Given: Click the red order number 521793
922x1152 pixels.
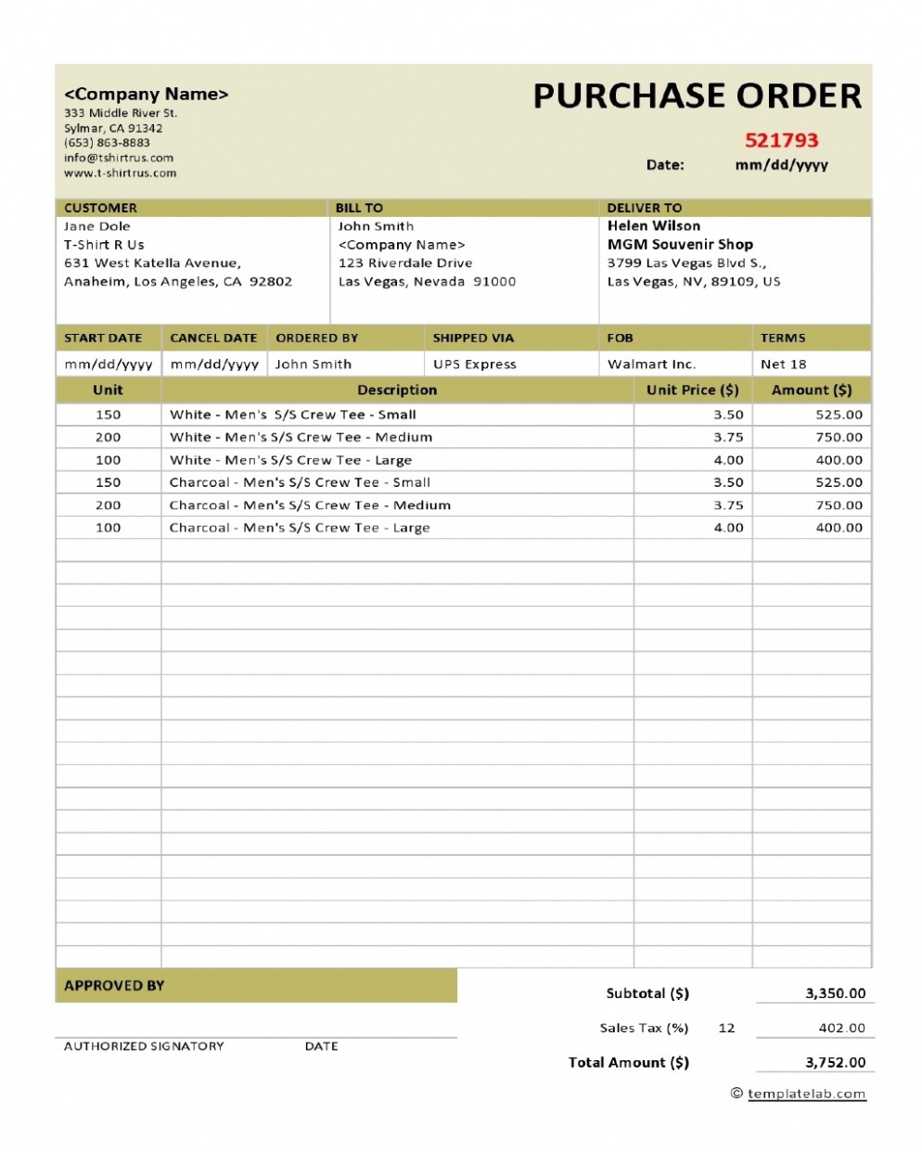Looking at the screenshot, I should coord(781,141).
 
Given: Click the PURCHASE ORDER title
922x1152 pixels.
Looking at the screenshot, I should coord(697,96).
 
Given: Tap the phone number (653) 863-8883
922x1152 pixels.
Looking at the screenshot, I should coord(107,143).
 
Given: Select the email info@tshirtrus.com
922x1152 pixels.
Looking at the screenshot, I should coord(119,158).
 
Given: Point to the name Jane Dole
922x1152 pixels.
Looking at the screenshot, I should coord(97,226).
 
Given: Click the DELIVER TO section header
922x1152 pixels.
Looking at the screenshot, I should coord(645,208).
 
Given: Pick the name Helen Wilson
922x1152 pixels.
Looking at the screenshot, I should coord(654,225).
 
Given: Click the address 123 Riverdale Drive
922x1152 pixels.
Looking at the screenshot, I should coord(405,263).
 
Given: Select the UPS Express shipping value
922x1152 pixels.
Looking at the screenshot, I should coord(475,365).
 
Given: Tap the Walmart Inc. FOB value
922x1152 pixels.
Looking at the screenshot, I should coord(651,365).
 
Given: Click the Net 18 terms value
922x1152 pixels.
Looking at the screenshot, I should coord(784,365).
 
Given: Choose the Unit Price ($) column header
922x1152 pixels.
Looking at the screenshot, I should coord(693,390).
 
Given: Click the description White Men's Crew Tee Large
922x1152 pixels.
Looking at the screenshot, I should coord(290,460).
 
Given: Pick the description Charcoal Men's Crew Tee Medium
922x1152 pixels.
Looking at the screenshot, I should coord(310,506).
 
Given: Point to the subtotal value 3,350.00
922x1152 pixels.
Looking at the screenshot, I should coord(835,993).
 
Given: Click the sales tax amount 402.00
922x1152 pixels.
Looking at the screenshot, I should coord(842,1028).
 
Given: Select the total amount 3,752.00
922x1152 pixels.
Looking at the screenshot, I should coord(835,1063).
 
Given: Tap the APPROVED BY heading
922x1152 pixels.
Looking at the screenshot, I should coord(114,986).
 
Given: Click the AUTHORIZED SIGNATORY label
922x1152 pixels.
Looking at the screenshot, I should coord(144,1046).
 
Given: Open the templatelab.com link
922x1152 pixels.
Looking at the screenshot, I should coord(806,1094).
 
